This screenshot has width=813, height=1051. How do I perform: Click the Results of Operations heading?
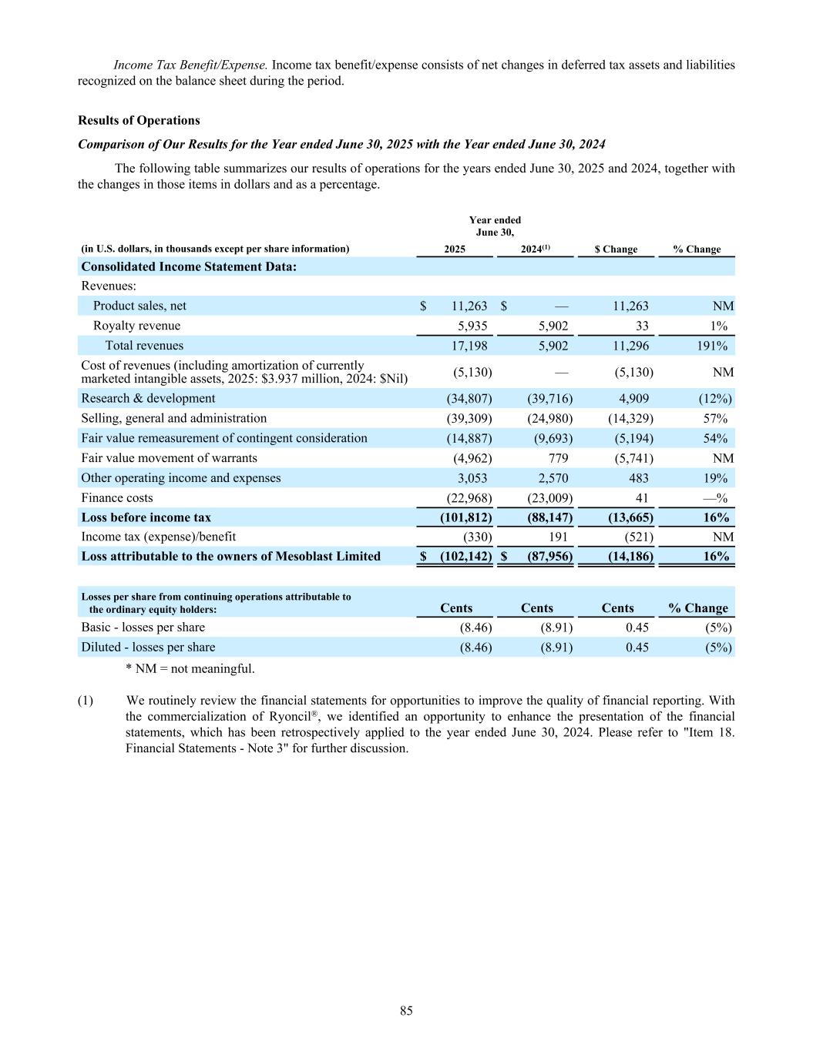[x=139, y=120]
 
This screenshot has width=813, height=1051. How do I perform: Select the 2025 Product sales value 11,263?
[x=469, y=306]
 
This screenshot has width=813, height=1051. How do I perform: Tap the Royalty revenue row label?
[x=136, y=326]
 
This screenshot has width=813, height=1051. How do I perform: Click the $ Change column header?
[x=616, y=249]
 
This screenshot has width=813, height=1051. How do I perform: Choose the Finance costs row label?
[x=117, y=497]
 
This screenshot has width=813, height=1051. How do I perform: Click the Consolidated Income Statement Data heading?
[x=189, y=266]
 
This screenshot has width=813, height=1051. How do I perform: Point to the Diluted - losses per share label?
[x=148, y=647]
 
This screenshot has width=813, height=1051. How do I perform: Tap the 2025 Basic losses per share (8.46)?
[x=475, y=627]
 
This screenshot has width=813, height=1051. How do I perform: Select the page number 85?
[x=406, y=1010]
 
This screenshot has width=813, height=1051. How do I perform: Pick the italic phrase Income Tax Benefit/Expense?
[x=190, y=65]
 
